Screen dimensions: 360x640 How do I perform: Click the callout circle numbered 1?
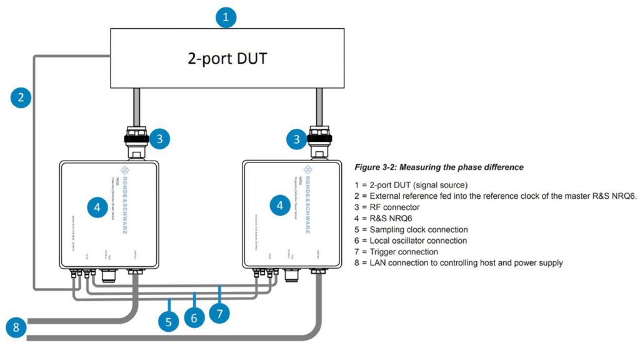coord(226,17)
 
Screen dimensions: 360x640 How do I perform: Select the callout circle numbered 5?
coord(169,322)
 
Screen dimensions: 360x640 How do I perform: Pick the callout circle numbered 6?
coord(194,317)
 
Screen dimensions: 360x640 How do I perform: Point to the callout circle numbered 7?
coord(219,312)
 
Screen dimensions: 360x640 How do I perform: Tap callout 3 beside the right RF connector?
coord(297,139)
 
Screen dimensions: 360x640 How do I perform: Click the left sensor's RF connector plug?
coord(137,140)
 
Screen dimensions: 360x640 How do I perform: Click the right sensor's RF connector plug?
coord(319,140)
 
